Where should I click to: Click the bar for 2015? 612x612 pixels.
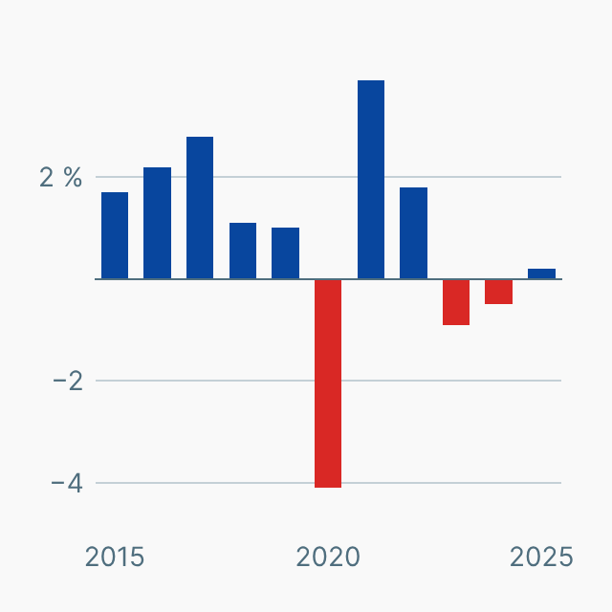[x=115, y=235]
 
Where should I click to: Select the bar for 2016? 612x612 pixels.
[x=157, y=223]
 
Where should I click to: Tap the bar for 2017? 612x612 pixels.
[x=200, y=208]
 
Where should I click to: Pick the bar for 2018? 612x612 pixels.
[x=243, y=251]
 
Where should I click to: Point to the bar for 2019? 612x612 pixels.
[x=285, y=253]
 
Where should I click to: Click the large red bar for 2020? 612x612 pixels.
[x=328, y=382]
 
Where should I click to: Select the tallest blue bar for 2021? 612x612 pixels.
[x=371, y=180]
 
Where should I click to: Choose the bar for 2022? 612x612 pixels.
[x=413, y=233]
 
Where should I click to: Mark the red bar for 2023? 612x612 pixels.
[x=456, y=302]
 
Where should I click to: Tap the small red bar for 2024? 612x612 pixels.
[x=498, y=292]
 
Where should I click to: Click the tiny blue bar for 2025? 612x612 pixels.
[x=541, y=273]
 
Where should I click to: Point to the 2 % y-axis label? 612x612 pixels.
[x=60, y=177]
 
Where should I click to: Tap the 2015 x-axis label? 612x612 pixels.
[x=115, y=557]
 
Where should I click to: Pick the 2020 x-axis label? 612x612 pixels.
[x=328, y=557]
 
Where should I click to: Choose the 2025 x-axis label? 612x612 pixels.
[x=541, y=557]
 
